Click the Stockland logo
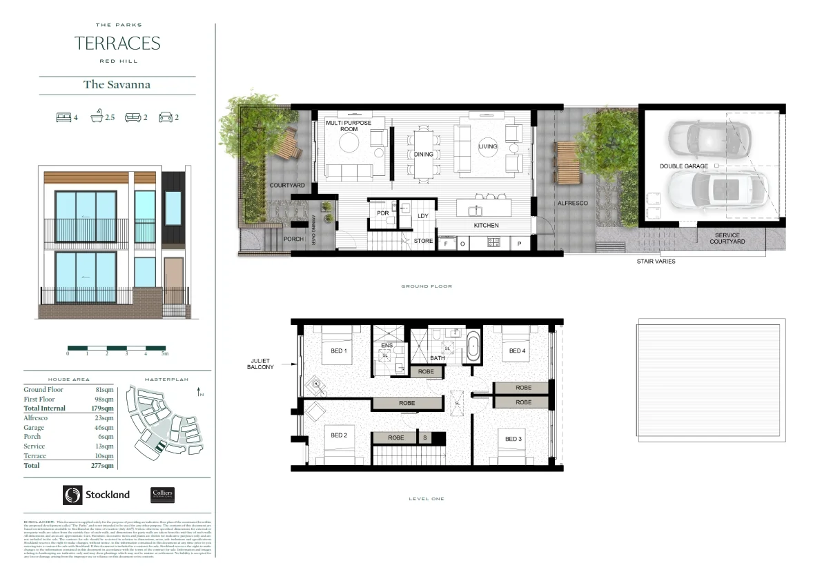coord(96,495)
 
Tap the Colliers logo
coord(162,495)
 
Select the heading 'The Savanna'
coord(117,85)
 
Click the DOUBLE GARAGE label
coord(683,166)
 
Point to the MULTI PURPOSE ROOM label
coord(349,126)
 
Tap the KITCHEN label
coord(486,226)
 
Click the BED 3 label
coord(513,440)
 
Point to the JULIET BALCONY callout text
coord(260,364)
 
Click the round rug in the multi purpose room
coord(349,143)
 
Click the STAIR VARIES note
coord(656,262)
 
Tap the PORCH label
coord(293,239)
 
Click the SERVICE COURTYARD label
coord(730,238)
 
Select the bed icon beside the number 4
coord(63,117)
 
